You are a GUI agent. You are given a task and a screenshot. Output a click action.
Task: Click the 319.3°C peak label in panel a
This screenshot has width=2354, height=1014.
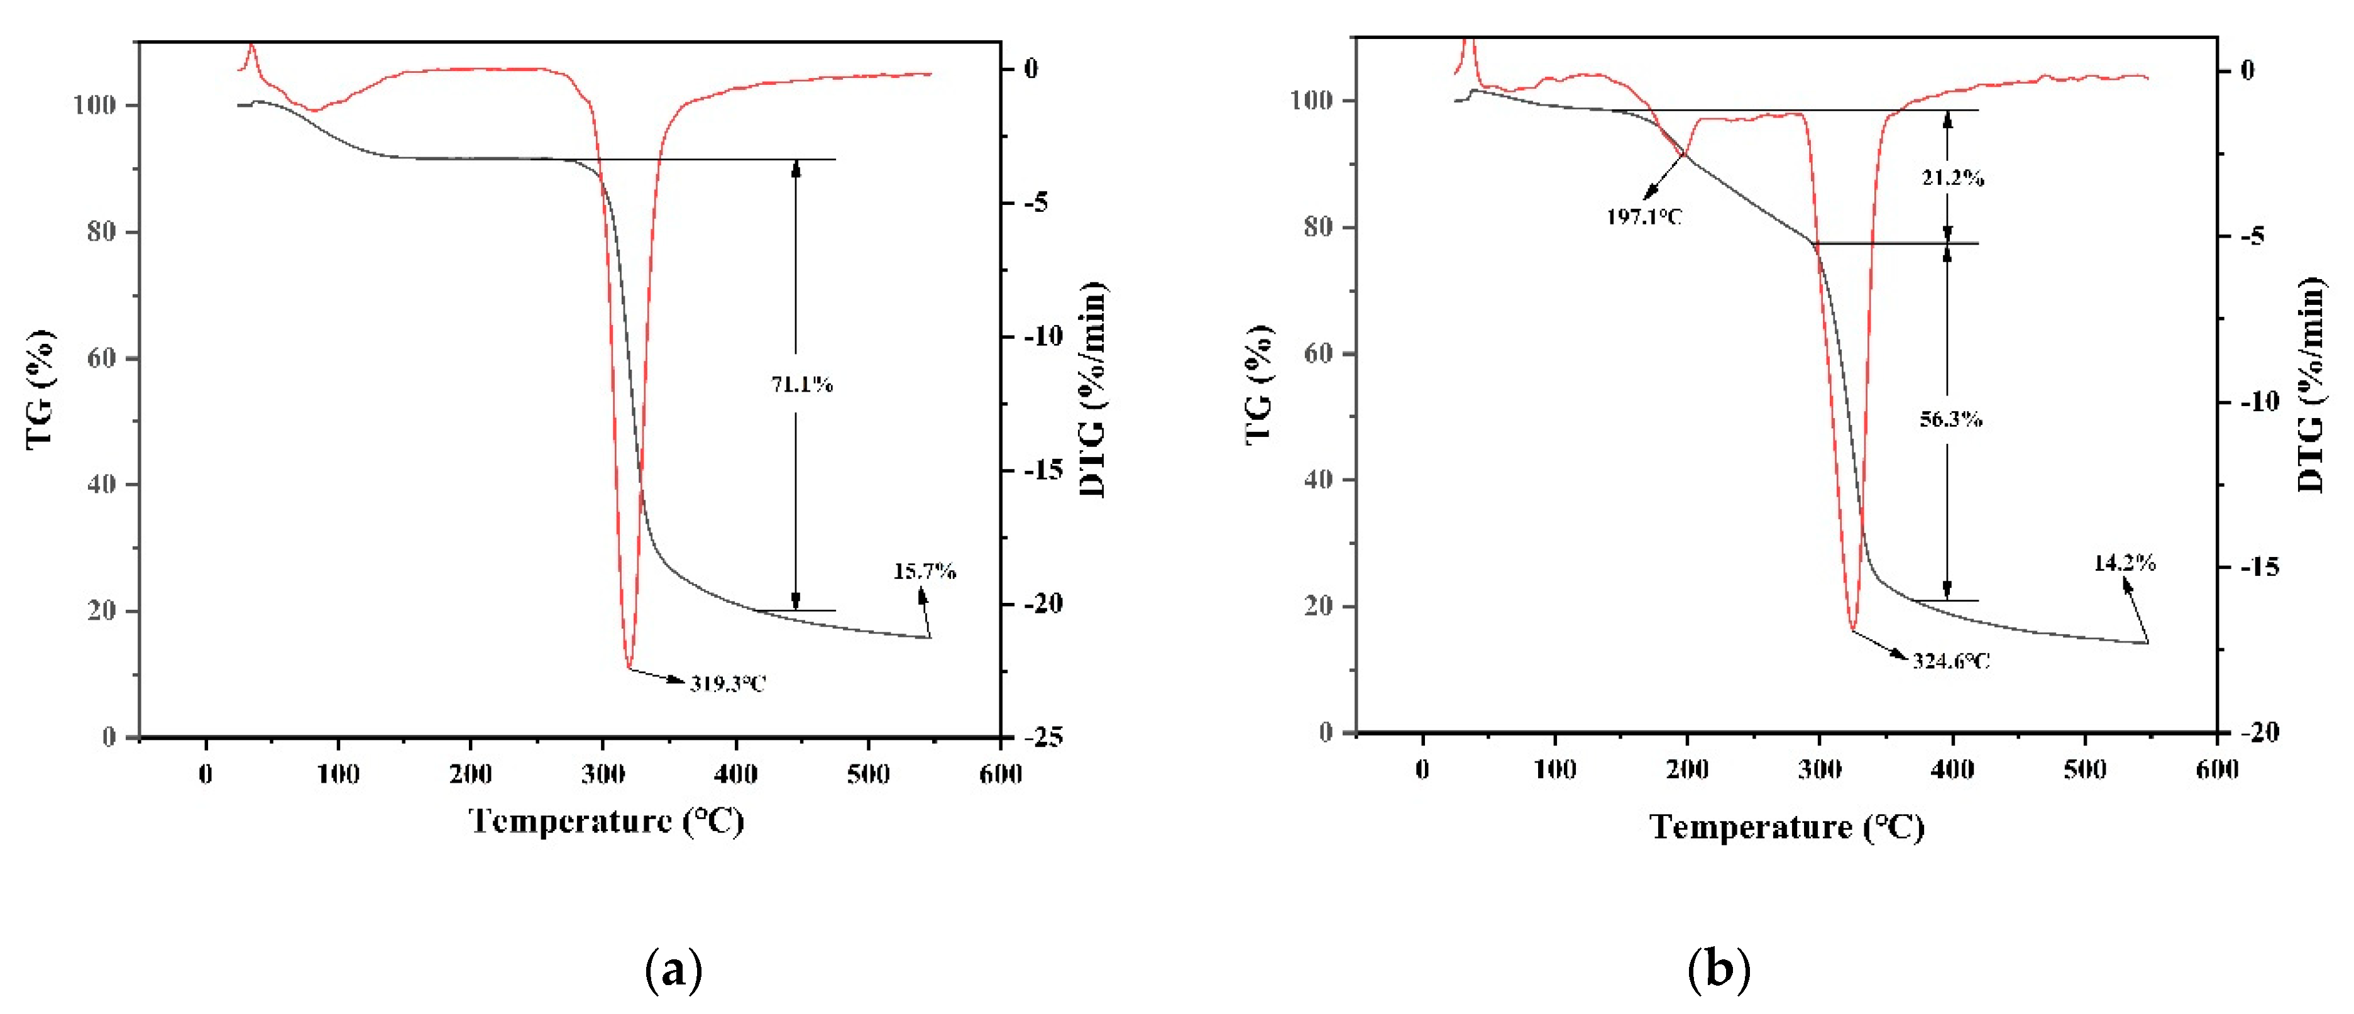pos(727,683)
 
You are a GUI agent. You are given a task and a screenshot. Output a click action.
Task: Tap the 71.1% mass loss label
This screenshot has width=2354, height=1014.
pos(801,385)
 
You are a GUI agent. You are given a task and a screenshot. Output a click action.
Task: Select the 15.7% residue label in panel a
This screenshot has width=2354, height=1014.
pos(924,572)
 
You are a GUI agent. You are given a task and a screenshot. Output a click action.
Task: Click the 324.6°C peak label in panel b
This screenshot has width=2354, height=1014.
pos(1951,661)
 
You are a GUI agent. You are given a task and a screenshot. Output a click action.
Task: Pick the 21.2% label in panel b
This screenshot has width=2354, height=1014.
pos(1952,178)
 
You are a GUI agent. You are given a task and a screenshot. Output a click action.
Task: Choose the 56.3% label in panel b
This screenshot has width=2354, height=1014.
pos(1950,419)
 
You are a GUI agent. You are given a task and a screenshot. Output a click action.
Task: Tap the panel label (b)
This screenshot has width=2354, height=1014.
pos(1718,969)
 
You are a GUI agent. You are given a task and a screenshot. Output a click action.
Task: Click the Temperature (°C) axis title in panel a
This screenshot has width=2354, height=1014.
pos(606,821)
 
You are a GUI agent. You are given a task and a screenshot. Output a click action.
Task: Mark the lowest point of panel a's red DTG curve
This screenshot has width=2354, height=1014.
pos(629,667)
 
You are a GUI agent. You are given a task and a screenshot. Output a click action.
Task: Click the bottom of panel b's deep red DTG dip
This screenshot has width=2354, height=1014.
pos(1852,629)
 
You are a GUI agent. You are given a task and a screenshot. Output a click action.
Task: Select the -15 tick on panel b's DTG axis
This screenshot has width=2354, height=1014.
pos(2259,567)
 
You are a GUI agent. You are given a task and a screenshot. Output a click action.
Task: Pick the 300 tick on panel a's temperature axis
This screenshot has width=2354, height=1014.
pos(603,774)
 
